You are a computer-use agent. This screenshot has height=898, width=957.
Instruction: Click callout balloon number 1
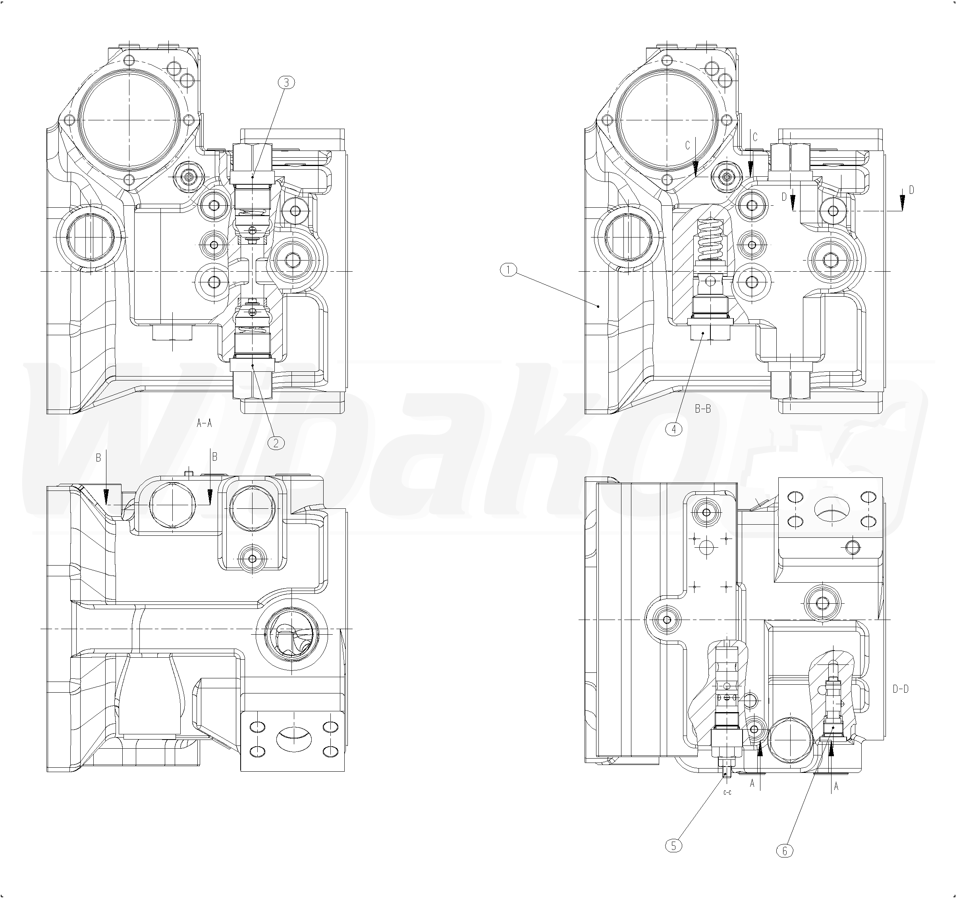point(508,270)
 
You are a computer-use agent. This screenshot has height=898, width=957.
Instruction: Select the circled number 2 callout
point(276,442)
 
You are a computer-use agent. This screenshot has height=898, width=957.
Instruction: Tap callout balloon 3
point(286,82)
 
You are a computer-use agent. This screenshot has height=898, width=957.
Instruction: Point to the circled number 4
point(673,428)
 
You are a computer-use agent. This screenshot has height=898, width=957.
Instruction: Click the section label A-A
point(205,423)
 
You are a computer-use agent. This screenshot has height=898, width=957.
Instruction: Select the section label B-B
point(703,409)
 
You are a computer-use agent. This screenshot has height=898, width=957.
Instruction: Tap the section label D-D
point(901,689)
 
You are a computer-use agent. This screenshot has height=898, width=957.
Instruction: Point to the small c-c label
point(727,792)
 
